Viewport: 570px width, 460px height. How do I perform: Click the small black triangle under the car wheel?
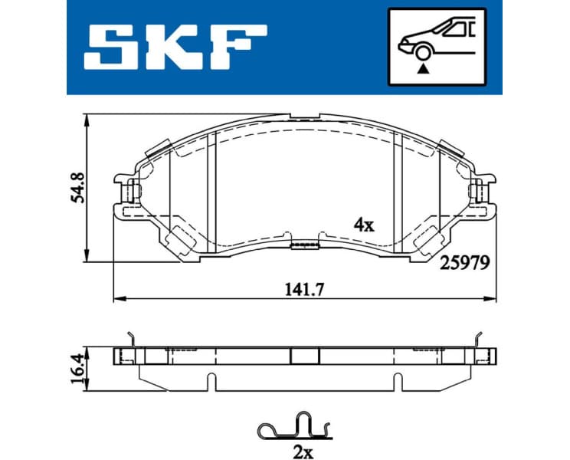tap(421, 68)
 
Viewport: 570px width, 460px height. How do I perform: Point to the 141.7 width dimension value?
tap(302, 289)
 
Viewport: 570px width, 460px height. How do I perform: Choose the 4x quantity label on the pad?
tap(362, 225)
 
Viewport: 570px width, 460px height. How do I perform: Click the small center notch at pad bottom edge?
tap(304, 245)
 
